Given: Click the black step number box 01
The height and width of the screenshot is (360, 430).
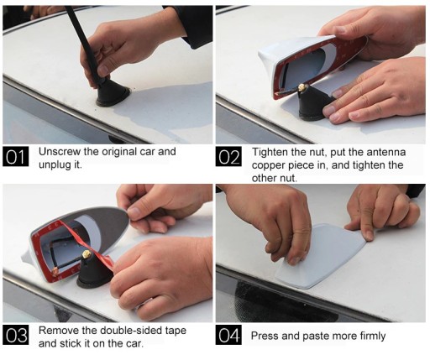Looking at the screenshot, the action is tap(16, 156).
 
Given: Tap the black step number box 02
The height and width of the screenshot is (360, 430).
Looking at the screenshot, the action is tap(228, 157).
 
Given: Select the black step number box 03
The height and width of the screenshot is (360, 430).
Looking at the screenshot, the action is tap(16, 335).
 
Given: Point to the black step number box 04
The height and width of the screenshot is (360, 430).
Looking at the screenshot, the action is tap(228, 335).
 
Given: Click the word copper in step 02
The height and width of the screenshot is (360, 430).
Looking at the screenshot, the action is tap(268, 165).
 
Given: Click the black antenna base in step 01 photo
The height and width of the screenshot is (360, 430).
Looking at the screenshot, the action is tap(113, 94).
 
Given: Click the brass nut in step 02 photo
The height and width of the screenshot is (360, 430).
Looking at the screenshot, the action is tap(302, 87).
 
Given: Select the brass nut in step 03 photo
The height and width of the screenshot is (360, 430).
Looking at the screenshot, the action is tap(86, 254).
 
